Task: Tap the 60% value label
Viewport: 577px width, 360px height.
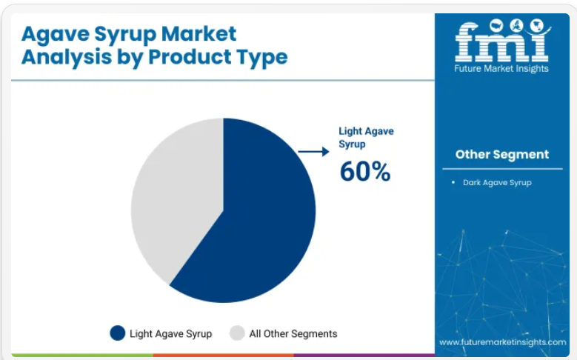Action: (365, 172)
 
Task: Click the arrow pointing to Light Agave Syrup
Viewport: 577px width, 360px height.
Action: (313, 151)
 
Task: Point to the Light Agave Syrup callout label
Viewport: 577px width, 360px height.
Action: (366, 137)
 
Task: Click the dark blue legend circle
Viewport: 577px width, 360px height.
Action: (118, 333)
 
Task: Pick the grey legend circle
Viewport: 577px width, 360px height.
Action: (237, 333)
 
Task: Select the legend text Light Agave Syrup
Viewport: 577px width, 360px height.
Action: (171, 334)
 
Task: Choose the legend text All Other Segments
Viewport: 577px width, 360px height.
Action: (293, 333)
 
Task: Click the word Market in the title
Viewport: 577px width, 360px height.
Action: (199, 34)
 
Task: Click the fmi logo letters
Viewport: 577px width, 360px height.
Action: (501, 42)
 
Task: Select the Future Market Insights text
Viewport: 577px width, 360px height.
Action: (501, 68)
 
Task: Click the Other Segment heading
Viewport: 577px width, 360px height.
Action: (502, 154)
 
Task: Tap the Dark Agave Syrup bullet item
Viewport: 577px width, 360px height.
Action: (497, 182)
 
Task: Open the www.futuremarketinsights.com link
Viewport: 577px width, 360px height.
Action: (503, 342)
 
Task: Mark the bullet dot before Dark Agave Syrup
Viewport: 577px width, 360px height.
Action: (453, 182)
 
